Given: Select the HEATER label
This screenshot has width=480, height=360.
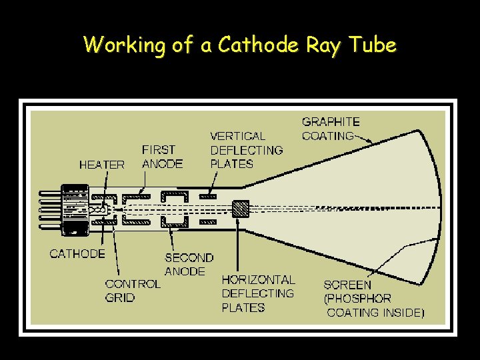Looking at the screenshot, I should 101,165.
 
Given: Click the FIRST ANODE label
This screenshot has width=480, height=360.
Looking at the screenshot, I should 162,157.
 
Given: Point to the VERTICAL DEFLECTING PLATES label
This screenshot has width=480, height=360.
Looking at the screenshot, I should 246,150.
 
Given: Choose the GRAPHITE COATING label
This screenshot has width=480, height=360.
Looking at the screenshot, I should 330,129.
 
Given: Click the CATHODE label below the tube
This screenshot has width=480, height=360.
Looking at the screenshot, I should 77,253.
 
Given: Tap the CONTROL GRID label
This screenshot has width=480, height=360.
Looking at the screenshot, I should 133,291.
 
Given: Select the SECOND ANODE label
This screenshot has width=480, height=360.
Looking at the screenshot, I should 189,264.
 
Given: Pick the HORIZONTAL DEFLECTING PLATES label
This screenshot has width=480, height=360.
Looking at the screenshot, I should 258,293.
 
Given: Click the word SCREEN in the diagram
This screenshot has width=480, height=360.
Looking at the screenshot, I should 347,285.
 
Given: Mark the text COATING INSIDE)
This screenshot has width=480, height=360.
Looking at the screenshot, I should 375,313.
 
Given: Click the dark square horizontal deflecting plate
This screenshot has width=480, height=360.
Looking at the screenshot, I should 241,209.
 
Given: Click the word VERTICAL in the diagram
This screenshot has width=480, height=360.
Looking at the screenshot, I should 237,136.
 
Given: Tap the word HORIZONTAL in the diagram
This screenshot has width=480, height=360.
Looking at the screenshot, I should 258,279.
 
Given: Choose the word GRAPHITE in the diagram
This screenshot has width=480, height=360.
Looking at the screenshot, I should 331,121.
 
